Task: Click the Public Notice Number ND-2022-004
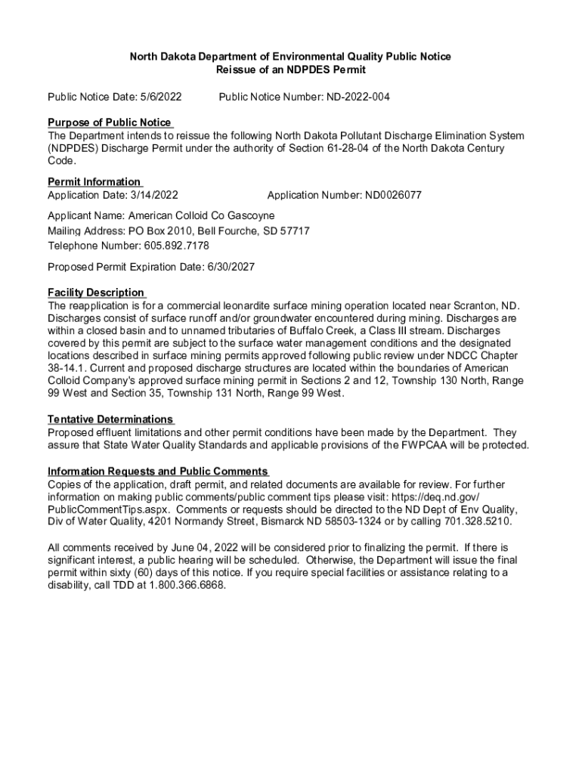[x=358, y=98]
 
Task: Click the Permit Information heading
[x=94, y=181]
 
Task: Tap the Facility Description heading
[x=96, y=293]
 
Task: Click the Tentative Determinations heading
[x=110, y=420]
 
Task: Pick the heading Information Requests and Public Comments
[x=158, y=472]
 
